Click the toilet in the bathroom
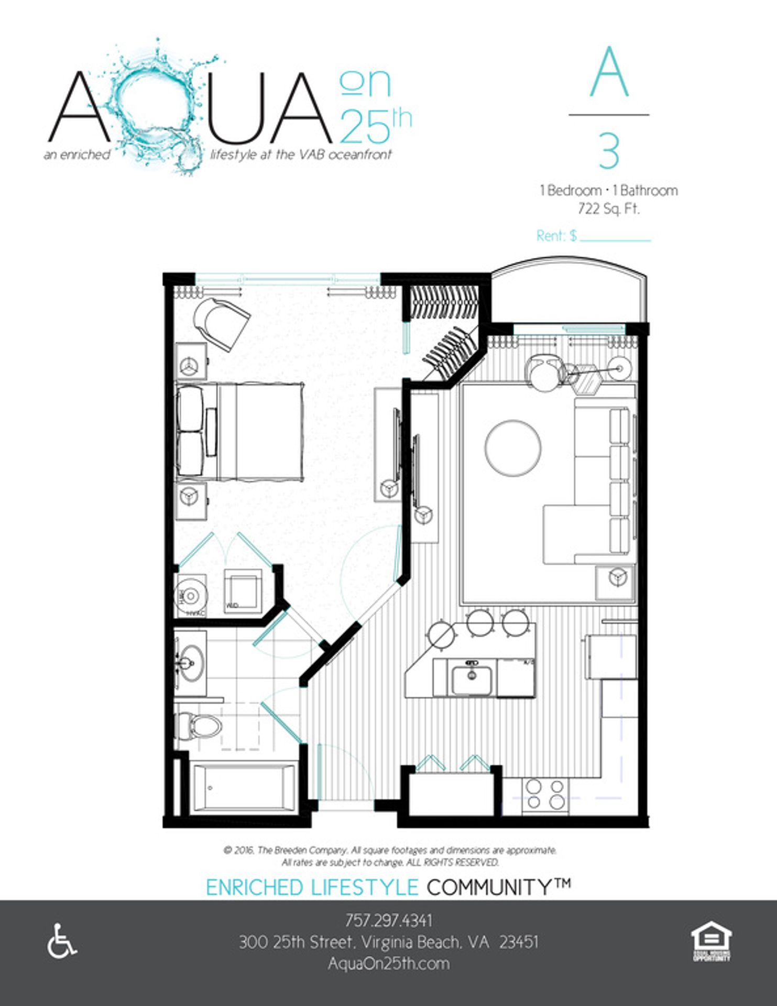click(199, 726)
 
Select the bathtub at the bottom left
click(244, 787)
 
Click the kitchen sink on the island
click(472, 679)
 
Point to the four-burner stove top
click(545, 794)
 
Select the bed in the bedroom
click(240, 431)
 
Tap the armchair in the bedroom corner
click(221, 324)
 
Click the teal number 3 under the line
click(609, 152)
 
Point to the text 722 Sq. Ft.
click(608, 209)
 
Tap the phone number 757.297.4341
click(388, 920)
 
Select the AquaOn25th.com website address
click(388, 963)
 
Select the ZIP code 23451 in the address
click(518, 942)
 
